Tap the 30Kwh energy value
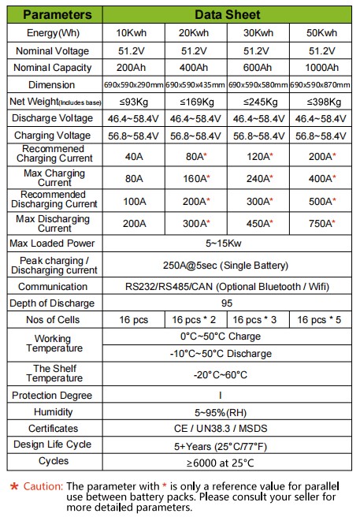point(258,33)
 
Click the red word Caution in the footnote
point(43,486)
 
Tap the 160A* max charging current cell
point(195,178)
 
